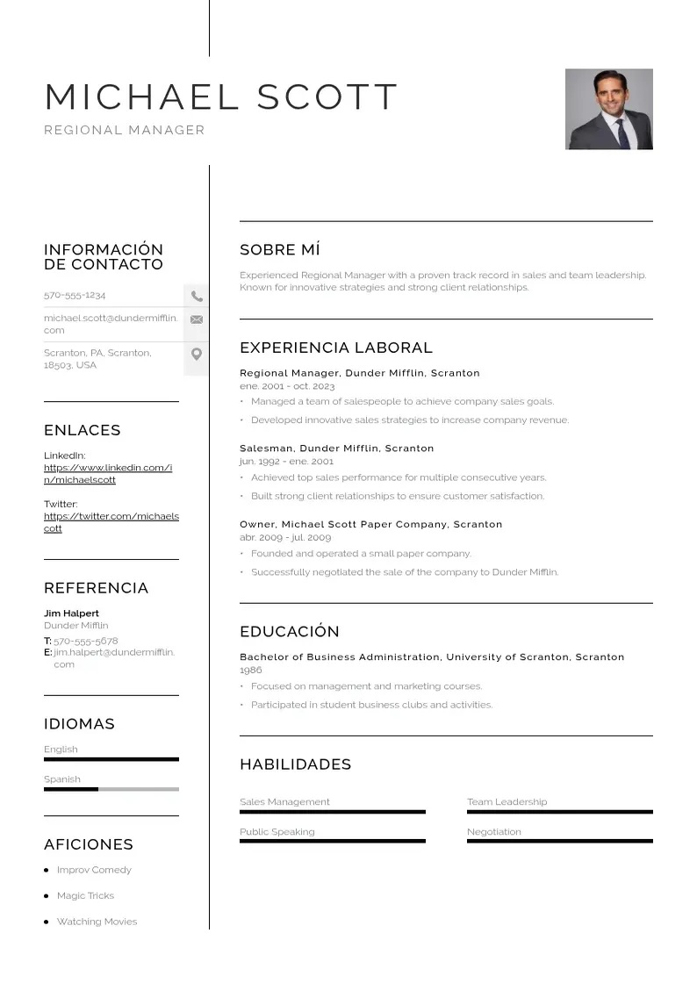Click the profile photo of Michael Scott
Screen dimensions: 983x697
click(x=608, y=109)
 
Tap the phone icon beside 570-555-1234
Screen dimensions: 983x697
click(x=197, y=297)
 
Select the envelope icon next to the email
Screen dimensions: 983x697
click(x=197, y=319)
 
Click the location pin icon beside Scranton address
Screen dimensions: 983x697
click(x=197, y=355)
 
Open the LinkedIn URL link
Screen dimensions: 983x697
click(x=107, y=474)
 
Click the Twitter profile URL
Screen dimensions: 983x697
click(x=111, y=522)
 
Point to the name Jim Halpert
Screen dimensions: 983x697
click(x=71, y=613)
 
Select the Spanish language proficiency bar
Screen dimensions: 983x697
click(x=111, y=789)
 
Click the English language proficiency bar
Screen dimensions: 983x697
click(x=111, y=759)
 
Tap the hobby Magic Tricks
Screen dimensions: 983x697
click(x=85, y=896)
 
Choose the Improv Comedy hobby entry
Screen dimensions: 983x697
click(x=94, y=870)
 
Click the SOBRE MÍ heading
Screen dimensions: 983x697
click(x=279, y=250)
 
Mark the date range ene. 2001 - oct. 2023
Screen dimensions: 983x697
click(x=287, y=386)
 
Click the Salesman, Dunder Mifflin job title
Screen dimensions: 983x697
click(x=336, y=448)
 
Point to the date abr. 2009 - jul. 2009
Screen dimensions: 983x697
click(x=285, y=537)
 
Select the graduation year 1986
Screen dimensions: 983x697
click(x=251, y=670)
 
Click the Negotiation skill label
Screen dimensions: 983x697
click(x=493, y=832)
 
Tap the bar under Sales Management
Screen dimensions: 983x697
click(x=332, y=812)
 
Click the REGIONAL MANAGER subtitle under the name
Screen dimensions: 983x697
click(x=124, y=130)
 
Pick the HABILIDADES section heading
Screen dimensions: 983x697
click(x=295, y=764)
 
